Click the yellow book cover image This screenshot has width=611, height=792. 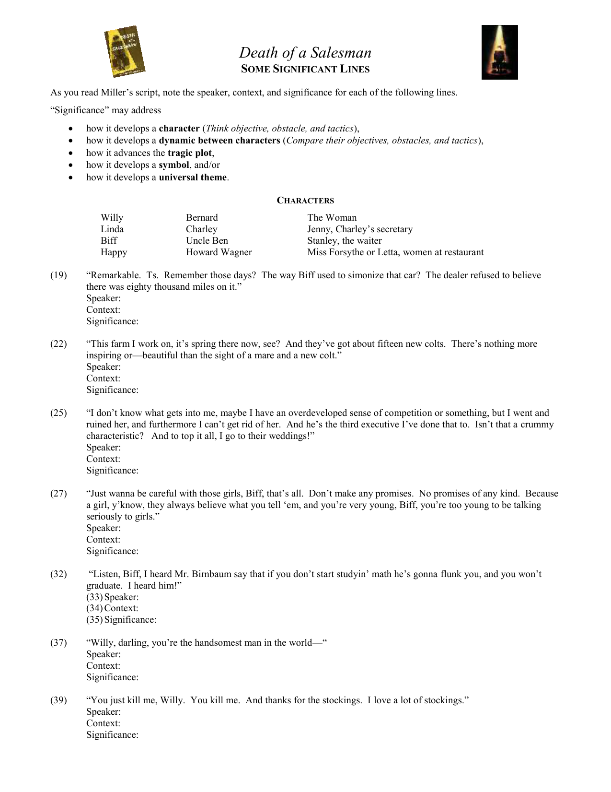124,51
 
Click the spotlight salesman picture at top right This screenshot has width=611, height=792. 499,52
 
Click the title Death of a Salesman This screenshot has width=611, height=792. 305,52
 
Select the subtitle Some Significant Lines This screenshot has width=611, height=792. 305,69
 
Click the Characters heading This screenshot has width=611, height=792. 305,201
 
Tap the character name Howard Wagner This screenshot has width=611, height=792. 219,252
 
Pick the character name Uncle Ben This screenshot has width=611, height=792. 207,241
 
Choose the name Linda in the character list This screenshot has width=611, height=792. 112,229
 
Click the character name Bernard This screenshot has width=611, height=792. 202,218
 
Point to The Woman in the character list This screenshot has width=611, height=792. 332,218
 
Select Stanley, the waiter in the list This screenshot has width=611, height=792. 344,241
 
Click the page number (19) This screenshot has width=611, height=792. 58,275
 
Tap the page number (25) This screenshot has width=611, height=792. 58,413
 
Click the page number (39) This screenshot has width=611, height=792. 58,700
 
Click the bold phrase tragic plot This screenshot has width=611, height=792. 189,153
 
